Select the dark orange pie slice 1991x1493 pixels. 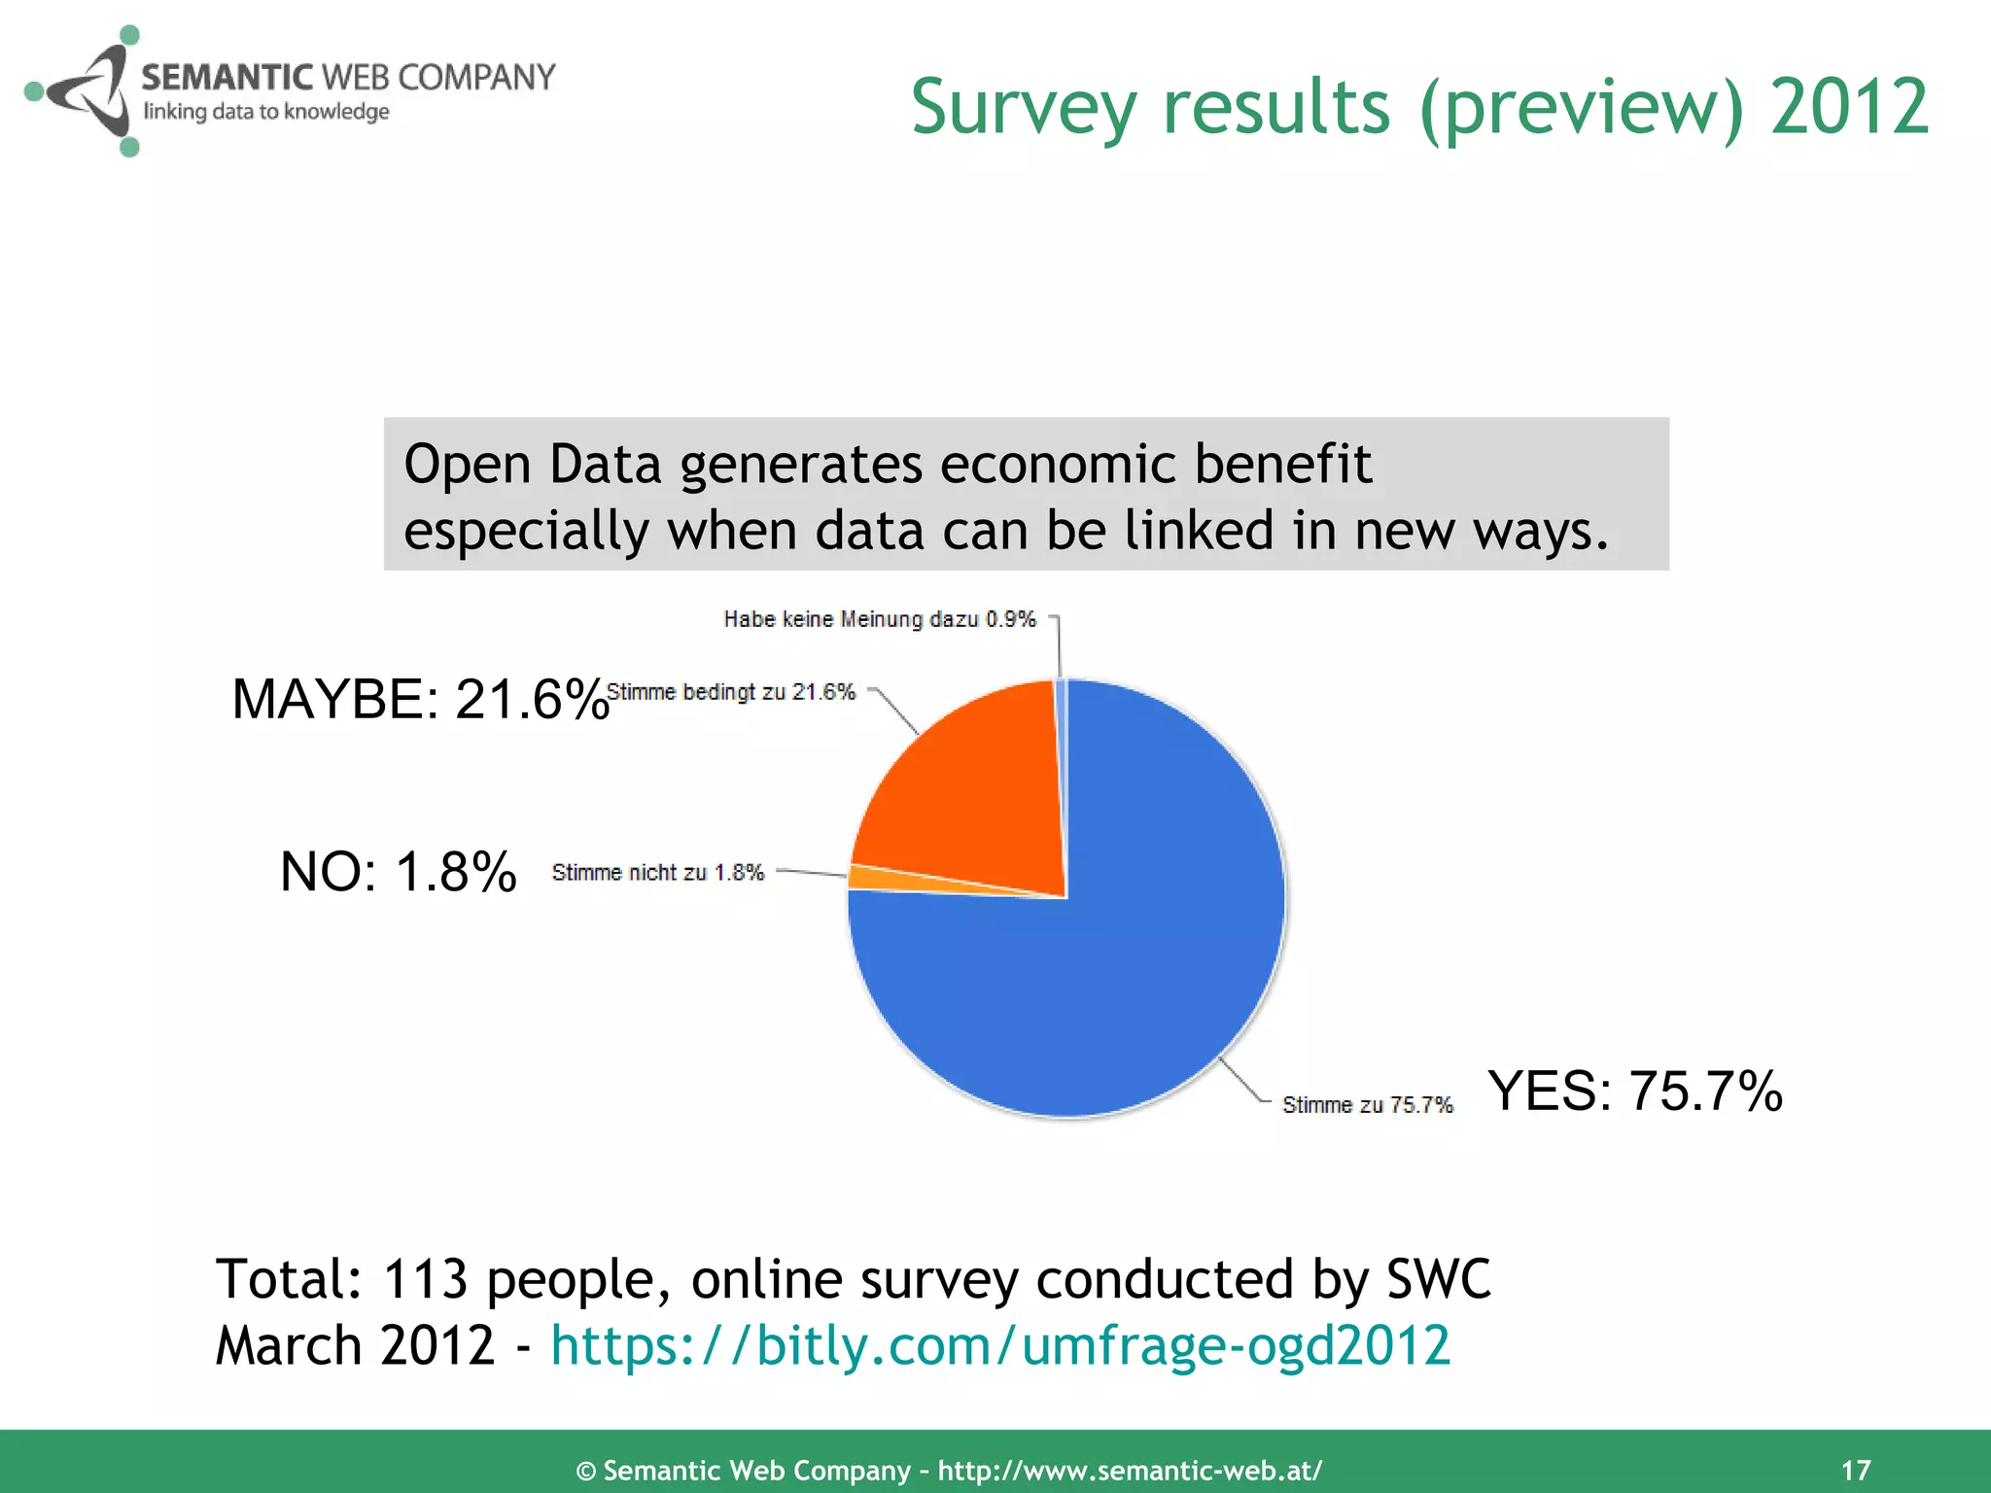tap(972, 787)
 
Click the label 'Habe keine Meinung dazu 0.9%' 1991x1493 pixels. tap(880, 619)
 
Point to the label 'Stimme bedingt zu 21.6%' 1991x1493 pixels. tap(731, 692)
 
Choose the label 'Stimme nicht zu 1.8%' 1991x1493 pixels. tap(658, 872)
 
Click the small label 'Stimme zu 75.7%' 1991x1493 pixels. tap(1367, 1105)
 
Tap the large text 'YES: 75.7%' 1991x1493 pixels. tap(1635, 1090)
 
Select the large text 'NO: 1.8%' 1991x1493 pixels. tap(398, 871)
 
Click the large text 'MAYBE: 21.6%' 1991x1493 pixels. tap(420, 699)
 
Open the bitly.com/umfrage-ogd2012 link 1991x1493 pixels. tap(1000, 1346)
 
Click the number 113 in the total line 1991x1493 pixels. tap(426, 1279)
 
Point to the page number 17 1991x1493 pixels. tap(1856, 1470)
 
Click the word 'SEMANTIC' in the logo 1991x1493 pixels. tap(227, 77)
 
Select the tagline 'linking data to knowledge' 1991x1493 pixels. tap(266, 112)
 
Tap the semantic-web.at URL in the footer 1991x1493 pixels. tap(1130, 1471)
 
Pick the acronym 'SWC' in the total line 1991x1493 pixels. tap(1438, 1279)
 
